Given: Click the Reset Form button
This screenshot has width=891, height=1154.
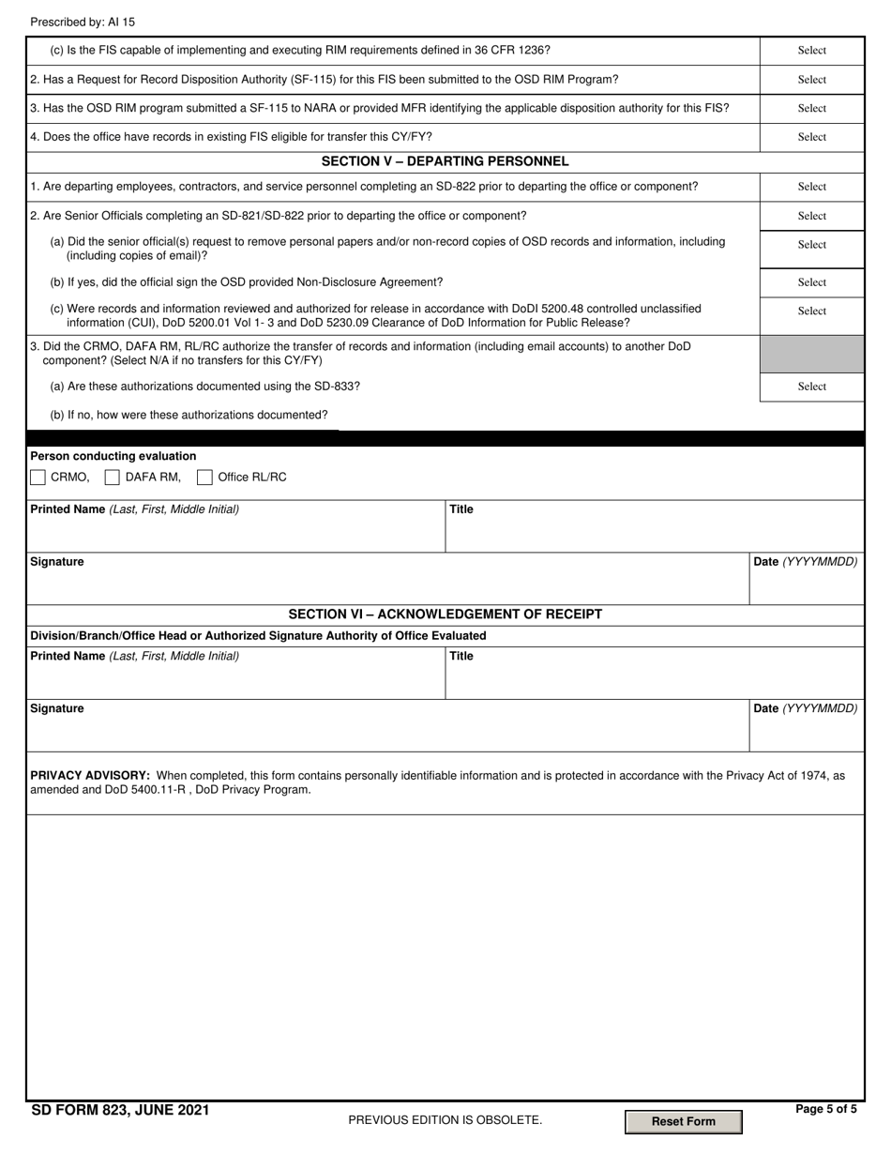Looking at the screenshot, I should click(x=683, y=1121).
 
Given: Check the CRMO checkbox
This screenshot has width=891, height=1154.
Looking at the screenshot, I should click(x=38, y=478).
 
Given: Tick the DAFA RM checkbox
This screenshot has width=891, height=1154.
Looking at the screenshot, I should click(x=113, y=478).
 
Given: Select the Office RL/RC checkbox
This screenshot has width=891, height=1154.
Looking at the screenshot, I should click(x=204, y=478).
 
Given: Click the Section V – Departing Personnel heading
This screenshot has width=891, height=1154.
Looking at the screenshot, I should click(x=445, y=161).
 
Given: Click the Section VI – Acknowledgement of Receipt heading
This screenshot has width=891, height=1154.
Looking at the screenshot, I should click(x=445, y=615).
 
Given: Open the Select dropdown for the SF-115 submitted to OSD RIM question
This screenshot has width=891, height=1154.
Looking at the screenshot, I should click(x=811, y=80).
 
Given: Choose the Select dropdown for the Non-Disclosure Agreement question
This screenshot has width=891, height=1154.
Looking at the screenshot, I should click(x=811, y=282).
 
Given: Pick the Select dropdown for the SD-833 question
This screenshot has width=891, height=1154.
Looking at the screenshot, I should click(x=811, y=387).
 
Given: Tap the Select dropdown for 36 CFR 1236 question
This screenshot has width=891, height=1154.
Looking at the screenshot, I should click(x=811, y=51).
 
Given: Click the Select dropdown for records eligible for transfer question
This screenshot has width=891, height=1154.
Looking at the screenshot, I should click(x=811, y=137).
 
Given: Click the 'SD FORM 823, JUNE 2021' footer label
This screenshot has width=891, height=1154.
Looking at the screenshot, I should click(x=120, y=1110).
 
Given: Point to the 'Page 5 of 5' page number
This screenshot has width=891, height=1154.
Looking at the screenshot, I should click(x=825, y=1109).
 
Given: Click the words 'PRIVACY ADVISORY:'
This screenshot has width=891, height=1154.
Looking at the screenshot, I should click(x=90, y=776).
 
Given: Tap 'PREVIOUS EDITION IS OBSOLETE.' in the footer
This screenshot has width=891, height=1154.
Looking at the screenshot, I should click(x=445, y=1120).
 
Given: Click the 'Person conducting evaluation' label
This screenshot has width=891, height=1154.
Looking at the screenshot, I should click(x=113, y=456).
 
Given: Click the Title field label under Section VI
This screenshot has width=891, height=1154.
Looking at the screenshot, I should click(x=461, y=657).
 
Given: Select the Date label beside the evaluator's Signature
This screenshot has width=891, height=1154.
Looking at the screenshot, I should click(x=805, y=562).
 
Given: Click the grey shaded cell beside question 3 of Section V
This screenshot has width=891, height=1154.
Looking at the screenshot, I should click(x=811, y=354).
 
